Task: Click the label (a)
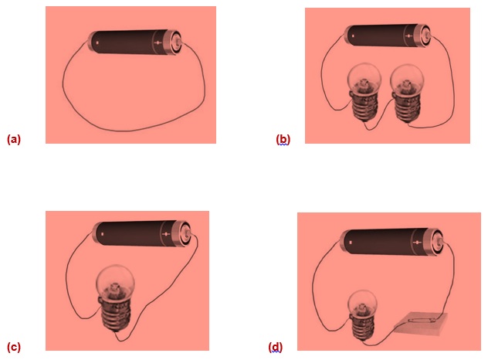(x=14, y=139)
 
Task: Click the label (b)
(x=283, y=139)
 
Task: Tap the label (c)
(x=14, y=347)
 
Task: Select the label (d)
(x=276, y=347)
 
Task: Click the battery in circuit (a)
(x=135, y=42)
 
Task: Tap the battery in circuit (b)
(x=388, y=36)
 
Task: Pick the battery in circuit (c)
(x=142, y=233)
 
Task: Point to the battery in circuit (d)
(x=392, y=242)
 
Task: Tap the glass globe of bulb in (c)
(x=116, y=283)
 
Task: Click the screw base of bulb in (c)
(x=117, y=314)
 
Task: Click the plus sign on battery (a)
(x=158, y=42)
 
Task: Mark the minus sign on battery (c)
(x=103, y=234)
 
